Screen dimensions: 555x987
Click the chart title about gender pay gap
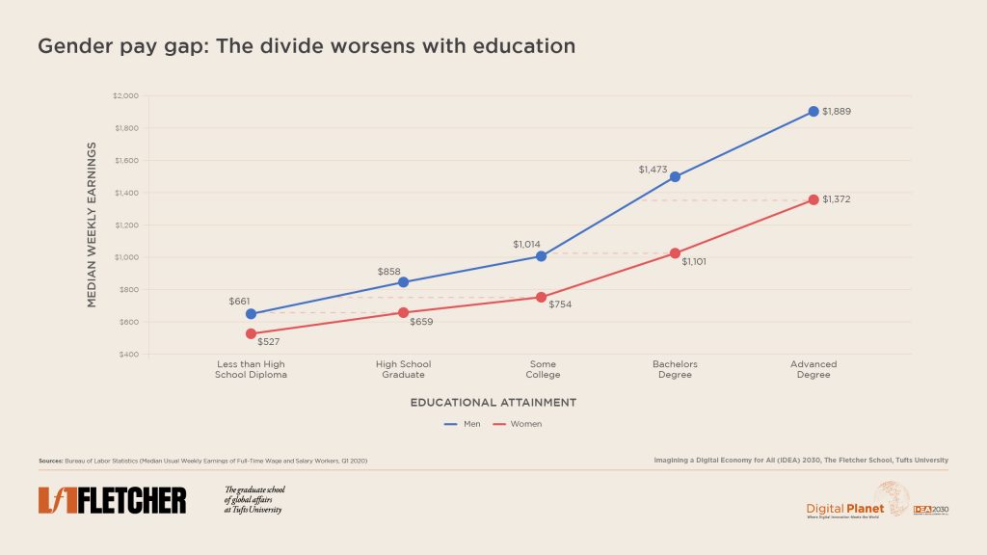(x=307, y=46)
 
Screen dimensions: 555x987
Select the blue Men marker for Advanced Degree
(x=814, y=112)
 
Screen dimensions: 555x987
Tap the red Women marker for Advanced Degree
(x=814, y=199)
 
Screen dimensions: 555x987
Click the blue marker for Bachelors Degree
(x=675, y=176)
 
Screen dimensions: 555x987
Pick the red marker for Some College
(x=542, y=298)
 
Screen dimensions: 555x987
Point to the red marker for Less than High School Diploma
(x=251, y=333)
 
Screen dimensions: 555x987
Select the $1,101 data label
(x=695, y=261)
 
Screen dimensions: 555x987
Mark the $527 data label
(x=269, y=341)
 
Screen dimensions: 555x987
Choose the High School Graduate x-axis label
(x=403, y=369)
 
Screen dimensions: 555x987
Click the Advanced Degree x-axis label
(x=814, y=369)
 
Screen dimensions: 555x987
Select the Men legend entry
(x=465, y=424)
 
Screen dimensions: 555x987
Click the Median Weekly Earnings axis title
(x=93, y=225)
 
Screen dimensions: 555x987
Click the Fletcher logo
(x=113, y=500)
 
